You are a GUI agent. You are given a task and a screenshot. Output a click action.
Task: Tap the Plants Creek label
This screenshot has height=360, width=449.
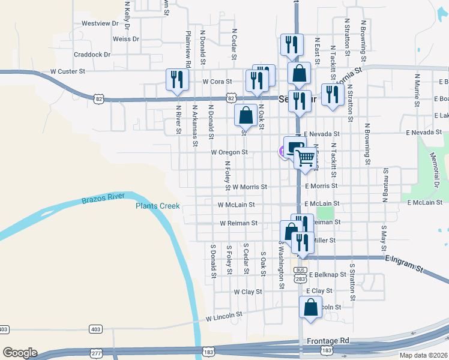pos(157,206)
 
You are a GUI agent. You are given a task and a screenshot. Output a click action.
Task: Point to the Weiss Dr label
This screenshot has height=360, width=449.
pos(126,39)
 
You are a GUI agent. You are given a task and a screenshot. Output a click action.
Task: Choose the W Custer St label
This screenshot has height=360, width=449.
pos(68,71)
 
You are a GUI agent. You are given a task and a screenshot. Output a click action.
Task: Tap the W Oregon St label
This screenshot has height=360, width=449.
pos(229,152)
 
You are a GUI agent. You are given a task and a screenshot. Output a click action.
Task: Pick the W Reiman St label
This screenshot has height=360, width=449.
pos(238,223)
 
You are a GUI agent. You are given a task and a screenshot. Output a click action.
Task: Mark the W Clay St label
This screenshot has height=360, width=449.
pos(248,292)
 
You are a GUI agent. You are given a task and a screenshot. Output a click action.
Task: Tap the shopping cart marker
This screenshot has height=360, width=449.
pos(306,158)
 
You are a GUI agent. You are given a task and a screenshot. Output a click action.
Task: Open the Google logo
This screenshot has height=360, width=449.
pos(20,353)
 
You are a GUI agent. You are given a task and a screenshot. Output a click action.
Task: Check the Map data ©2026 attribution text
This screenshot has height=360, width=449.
pos(423,355)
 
